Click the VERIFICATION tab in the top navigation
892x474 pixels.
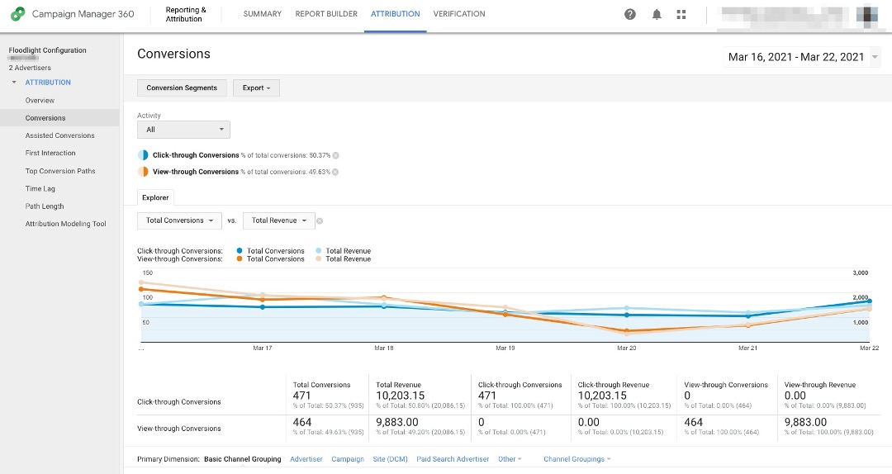pos(459,14)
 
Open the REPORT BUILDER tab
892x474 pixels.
pos(326,14)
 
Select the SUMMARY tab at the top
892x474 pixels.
pos(262,14)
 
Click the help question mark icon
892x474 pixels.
pos(630,14)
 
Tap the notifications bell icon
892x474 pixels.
pos(657,14)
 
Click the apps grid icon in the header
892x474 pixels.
pos(681,14)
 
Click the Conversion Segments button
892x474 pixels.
pos(182,88)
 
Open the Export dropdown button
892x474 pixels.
pos(256,88)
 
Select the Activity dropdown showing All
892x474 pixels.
pos(183,130)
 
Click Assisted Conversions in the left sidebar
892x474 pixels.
pos(59,135)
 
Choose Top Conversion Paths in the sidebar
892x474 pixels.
pos(60,171)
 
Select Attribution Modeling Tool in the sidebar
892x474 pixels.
pos(65,224)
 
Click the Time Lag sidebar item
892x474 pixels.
pos(40,189)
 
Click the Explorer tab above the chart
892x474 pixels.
pos(155,197)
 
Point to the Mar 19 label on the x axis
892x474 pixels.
pos(505,348)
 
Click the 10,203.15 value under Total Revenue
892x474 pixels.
pos(401,396)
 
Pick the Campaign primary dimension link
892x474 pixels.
pos(348,459)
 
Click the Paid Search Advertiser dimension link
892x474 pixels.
pos(453,459)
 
